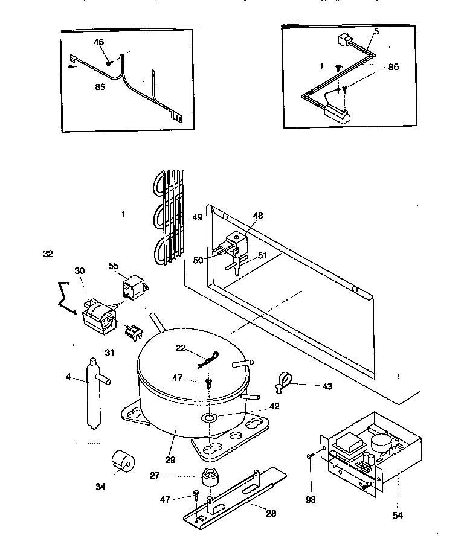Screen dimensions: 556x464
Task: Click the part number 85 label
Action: coord(100,87)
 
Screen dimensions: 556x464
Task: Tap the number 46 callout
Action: coord(99,42)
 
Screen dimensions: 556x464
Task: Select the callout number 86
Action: coord(393,67)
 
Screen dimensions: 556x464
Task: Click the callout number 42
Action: coord(274,406)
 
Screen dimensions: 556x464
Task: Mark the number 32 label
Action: coord(48,254)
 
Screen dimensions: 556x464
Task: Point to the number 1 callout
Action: coord(123,214)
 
